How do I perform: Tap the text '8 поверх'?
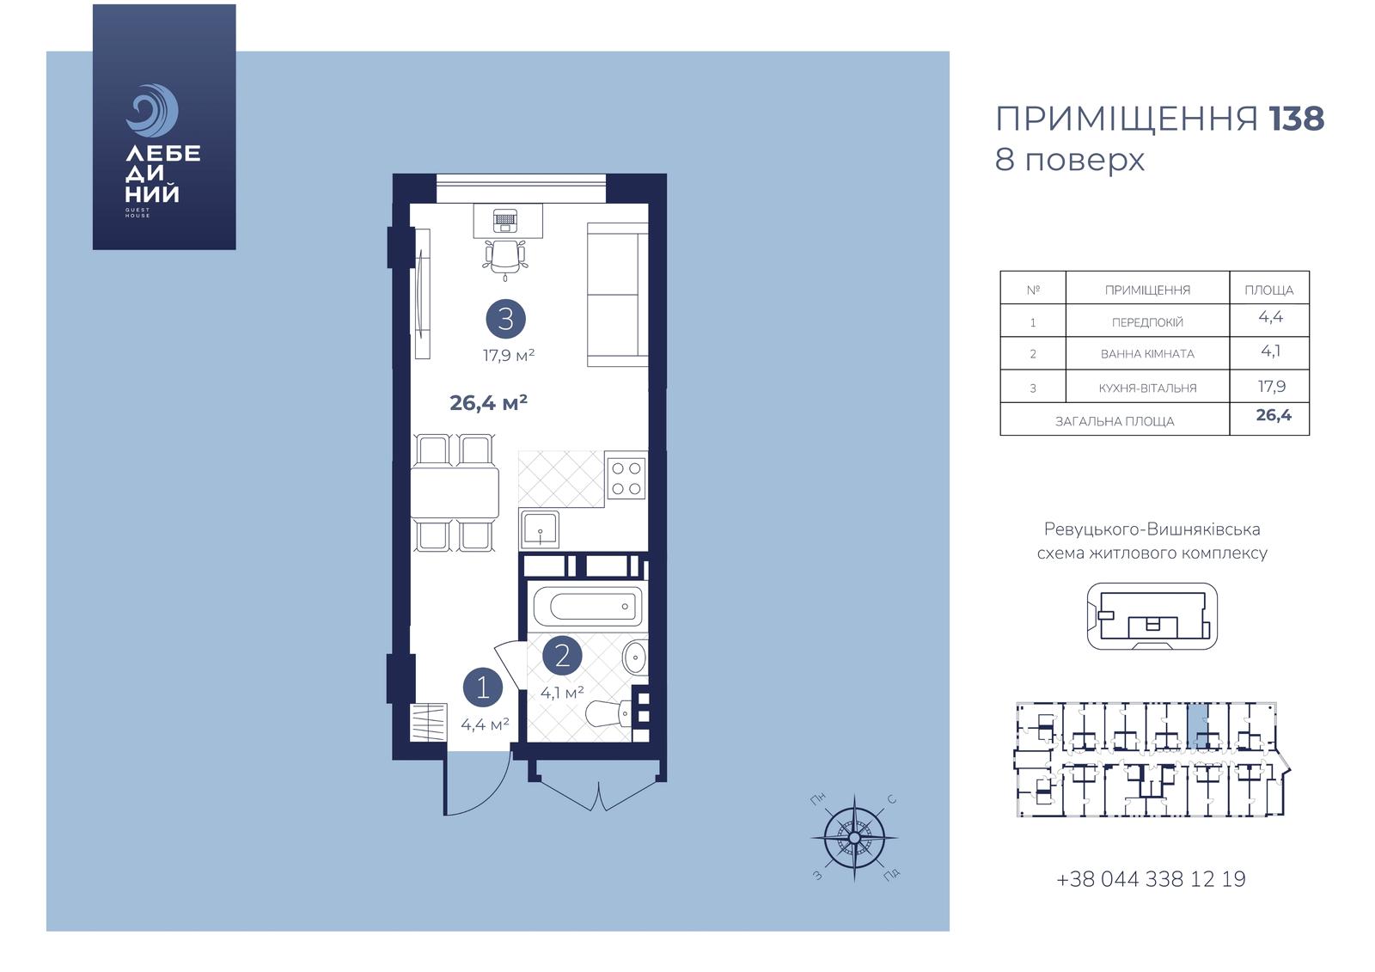pos(1070,160)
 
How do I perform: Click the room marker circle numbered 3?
pos(506,319)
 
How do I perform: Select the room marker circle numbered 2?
pos(562,656)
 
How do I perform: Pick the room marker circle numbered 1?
pos(483,688)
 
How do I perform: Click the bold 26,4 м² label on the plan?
pos(489,403)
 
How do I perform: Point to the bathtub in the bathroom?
pos(588,607)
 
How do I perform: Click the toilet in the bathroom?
pos(609,714)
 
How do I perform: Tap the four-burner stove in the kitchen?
pos(626,479)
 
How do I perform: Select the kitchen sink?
pos(541,529)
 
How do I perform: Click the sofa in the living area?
pos(618,295)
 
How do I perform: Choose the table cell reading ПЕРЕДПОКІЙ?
pos(1147,322)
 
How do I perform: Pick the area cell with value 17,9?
pos(1272,386)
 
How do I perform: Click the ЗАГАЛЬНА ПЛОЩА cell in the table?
pos(1115,421)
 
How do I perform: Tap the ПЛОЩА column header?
pos(1268,290)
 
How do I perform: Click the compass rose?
pos(854,838)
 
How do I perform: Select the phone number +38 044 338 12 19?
pos(1151,879)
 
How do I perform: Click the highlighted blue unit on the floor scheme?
pos(1197,725)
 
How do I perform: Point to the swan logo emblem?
pos(152,111)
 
